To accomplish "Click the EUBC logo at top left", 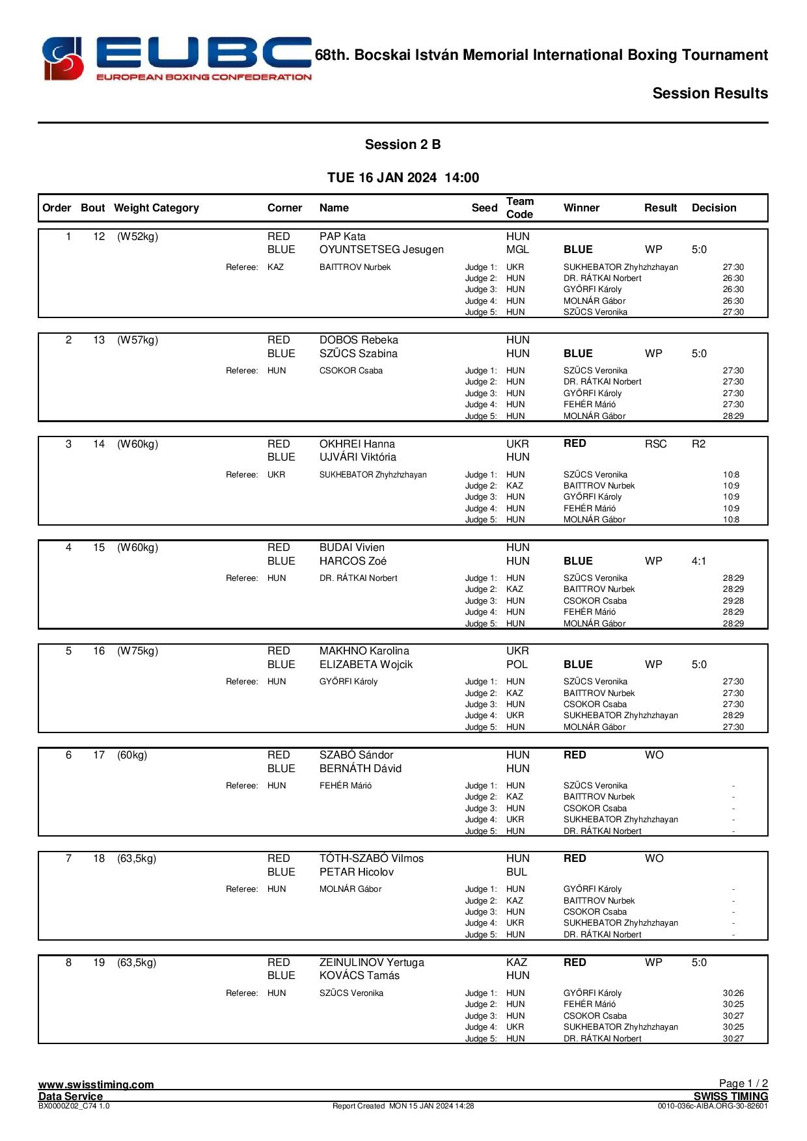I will point(176,59).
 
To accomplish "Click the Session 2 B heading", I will point(402,144).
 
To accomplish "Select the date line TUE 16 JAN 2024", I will point(403,178).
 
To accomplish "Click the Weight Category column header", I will point(156,208).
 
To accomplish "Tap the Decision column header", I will point(714,208).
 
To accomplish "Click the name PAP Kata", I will point(342,237).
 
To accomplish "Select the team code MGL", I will point(517,250).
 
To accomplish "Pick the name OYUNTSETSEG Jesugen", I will point(381,250).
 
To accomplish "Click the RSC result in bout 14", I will point(655,444).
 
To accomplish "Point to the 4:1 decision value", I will point(699,561).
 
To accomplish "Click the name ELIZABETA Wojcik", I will point(366,665).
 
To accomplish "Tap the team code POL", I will point(517,665).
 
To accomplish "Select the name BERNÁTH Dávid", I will point(361,769).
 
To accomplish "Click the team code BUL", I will point(517,872).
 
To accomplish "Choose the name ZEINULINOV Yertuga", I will point(372,963).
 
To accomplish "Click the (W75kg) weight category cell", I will point(137,651).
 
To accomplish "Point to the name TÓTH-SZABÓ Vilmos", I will point(371,859).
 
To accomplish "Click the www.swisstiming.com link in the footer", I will point(96,1084).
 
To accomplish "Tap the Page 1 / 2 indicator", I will point(743,1083).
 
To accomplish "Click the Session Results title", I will point(710,94).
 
